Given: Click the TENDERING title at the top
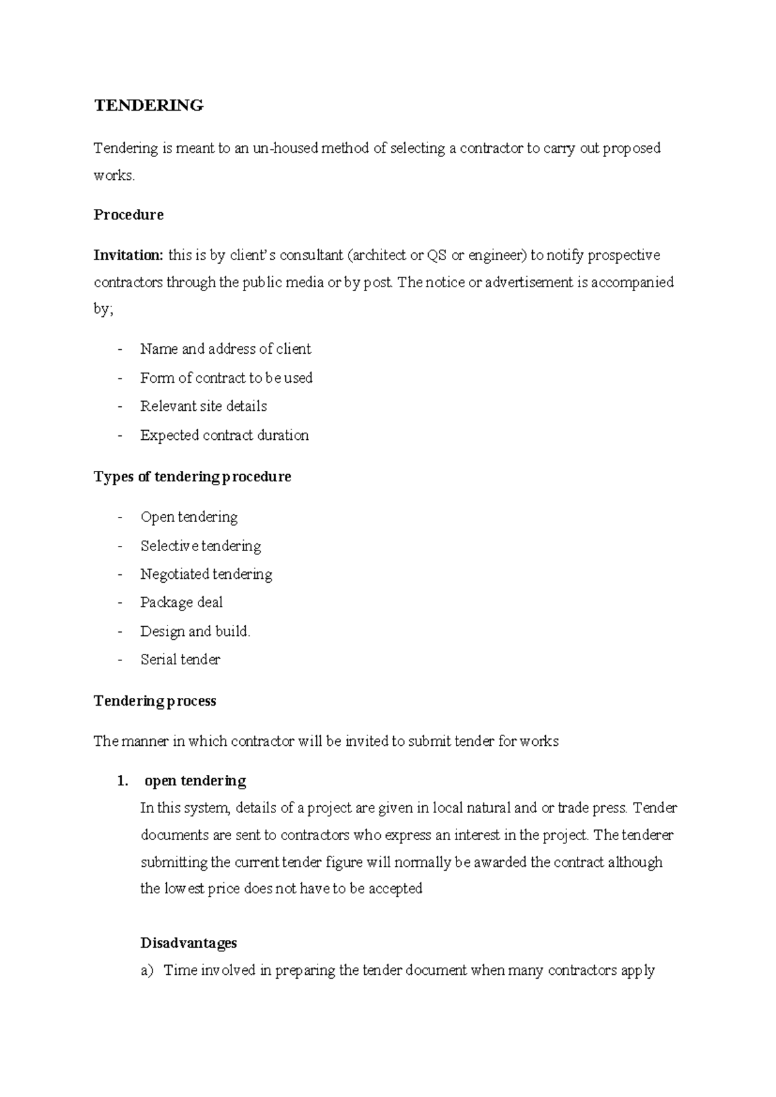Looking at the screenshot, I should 149,105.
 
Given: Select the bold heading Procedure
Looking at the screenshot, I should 128,215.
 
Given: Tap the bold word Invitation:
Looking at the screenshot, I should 129,255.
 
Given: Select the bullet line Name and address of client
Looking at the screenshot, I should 225,349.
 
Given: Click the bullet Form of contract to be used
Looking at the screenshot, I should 226,378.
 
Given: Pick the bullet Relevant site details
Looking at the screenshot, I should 203,406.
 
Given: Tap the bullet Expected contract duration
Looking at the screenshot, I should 224,435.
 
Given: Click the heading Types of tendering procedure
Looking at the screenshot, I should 192,477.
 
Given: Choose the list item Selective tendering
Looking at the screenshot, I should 200,546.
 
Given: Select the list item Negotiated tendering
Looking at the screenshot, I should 206,574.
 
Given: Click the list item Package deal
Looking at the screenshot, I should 181,603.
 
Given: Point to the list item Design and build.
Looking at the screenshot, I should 195,631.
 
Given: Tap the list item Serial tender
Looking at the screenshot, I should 180,660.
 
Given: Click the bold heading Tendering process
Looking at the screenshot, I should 155,701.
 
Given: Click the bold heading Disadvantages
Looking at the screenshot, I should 188,943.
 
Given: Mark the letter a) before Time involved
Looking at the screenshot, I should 147,970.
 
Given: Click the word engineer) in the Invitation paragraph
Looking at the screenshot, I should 497,255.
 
